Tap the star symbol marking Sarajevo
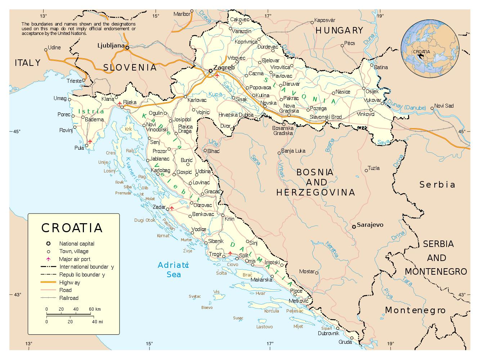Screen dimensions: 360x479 [x=354, y=226]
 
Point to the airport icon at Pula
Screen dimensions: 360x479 [x=90, y=141]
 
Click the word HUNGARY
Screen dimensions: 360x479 [x=339, y=31]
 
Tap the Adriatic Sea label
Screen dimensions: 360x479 [x=173, y=270]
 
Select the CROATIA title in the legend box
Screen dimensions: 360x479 [x=72, y=228]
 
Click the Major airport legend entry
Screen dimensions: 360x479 [x=75, y=259]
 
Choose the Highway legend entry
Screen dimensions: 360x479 [x=70, y=283]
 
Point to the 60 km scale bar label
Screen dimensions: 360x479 [x=95, y=309]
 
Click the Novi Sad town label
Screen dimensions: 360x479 [x=444, y=106]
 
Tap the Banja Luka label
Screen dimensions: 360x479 [x=293, y=151]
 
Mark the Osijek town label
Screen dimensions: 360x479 [x=372, y=91]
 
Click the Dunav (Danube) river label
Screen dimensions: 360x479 [x=407, y=107]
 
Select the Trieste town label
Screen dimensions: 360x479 [x=74, y=81]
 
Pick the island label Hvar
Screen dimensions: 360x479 [x=260, y=293]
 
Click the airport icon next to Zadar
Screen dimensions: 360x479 [x=172, y=208]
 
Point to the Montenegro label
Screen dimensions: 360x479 [x=415, y=310]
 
